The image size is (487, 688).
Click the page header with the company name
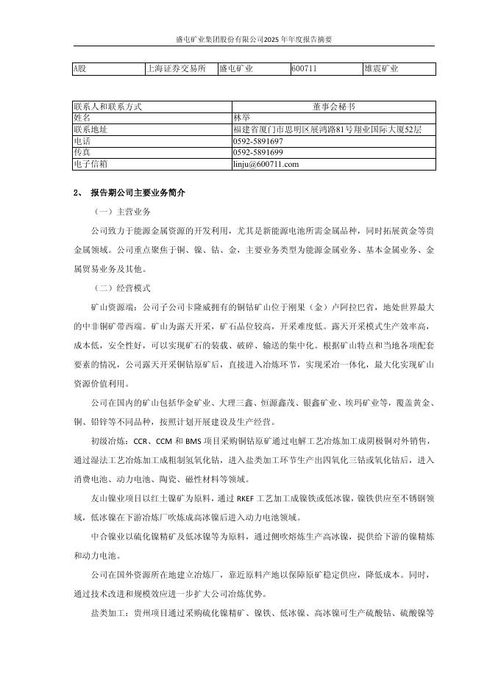tap(243, 39)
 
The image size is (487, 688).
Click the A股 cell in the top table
tap(79, 69)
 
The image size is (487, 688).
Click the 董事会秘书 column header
tap(333, 106)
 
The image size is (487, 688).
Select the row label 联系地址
tap(88, 129)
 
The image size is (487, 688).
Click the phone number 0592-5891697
tap(257, 140)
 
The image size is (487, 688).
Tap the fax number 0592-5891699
tap(257, 152)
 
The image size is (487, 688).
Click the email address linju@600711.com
tap(266, 164)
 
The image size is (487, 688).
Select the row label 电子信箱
tap(90, 164)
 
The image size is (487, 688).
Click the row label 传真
tap(82, 152)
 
